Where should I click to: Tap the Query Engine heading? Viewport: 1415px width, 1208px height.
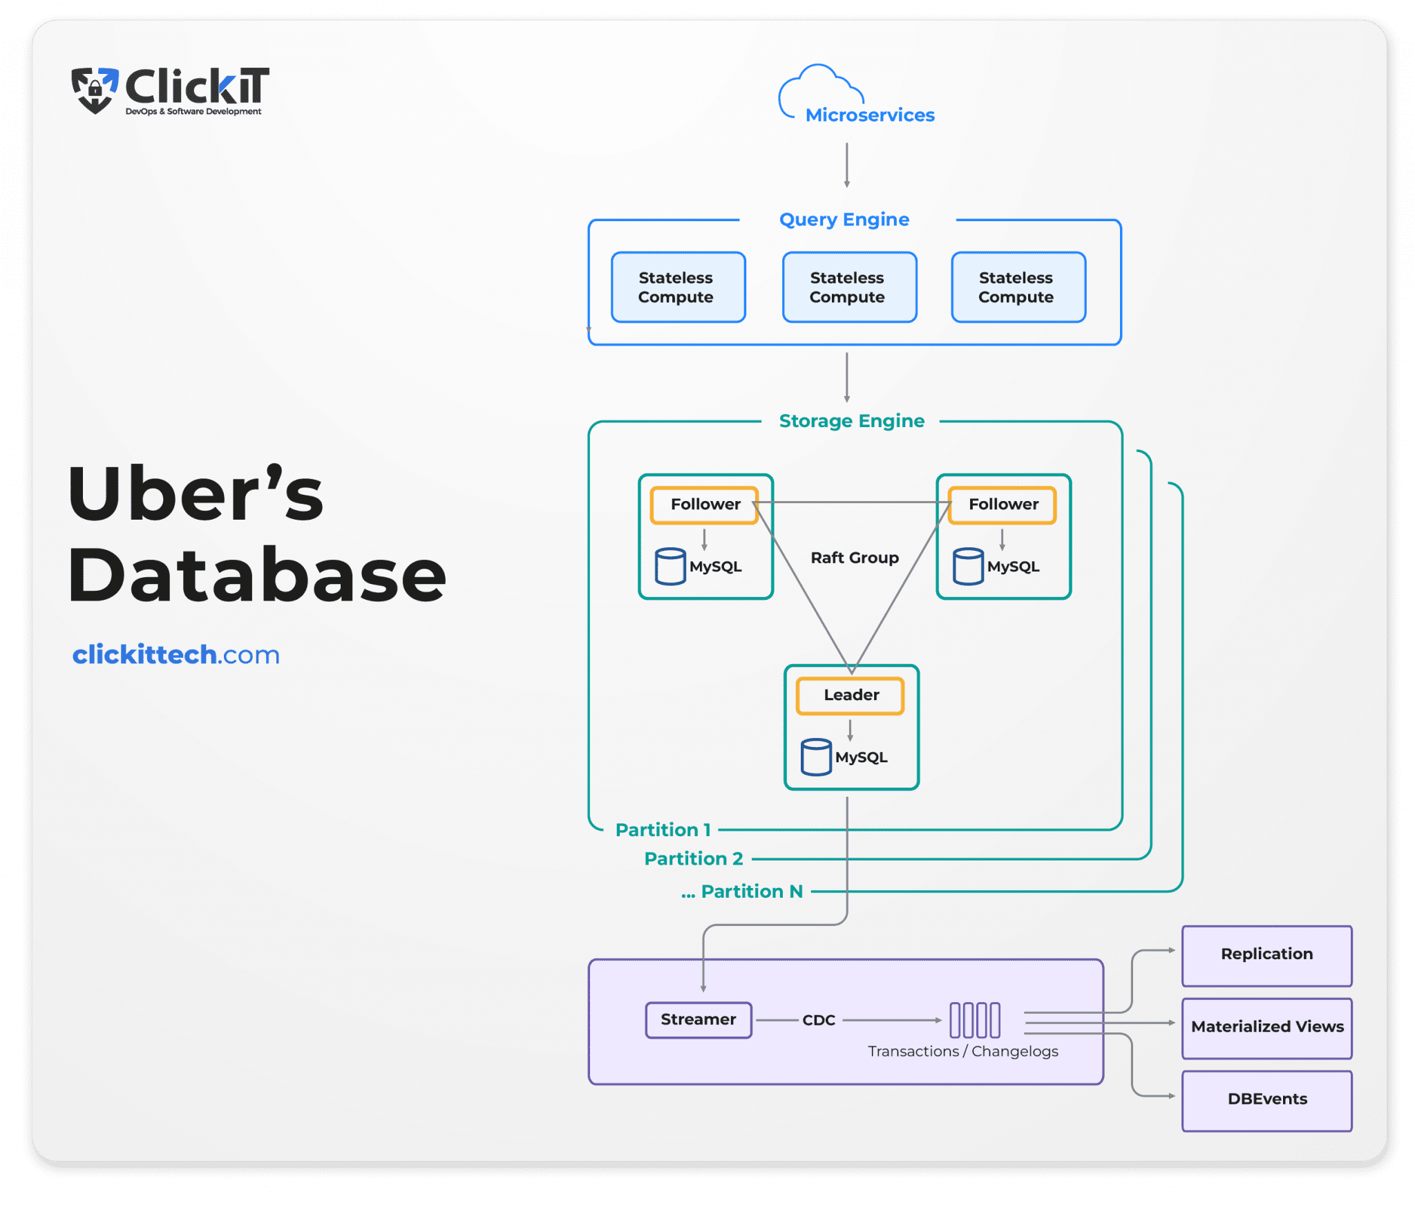pyautogui.click(x=844, y=220)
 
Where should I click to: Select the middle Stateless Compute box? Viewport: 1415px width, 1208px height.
pyautogui.click(x=849, y=287)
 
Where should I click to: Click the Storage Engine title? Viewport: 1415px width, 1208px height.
pyautogui.click(x=851, y=421)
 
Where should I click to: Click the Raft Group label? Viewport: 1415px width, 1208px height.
pyautogui.click(x=855, y=558)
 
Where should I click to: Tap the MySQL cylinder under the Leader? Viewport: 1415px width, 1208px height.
pyautogui.click(x=816, y=757)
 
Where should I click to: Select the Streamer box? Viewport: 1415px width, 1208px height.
pyautogui.click(x=699, y=1020)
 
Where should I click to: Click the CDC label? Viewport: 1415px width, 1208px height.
pyautogui.click(x=819, y=1021)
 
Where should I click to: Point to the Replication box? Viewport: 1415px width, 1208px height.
pyautogui.click(x=1266, y=955)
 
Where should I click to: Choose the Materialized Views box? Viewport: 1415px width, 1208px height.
pyautogui.click(x=1266, y=1028)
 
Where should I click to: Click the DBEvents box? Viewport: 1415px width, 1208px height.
pyautogui.click(x=1266, y=1100)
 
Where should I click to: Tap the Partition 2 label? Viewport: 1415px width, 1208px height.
pyautogui.click(x=693, y=859)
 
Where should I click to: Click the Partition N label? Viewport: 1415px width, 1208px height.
pyautogui.click(x=751, y=891)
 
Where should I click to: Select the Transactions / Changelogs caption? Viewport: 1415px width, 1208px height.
pyautogui.click(x=962, y=1052)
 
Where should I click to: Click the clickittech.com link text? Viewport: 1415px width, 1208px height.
pyautogui.click(x=176, y=654)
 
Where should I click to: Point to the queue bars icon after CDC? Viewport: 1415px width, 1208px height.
pyautogui.click(x=974, y=1020)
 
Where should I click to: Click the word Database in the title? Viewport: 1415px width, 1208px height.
pyautogui.click(x=257, y=575)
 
